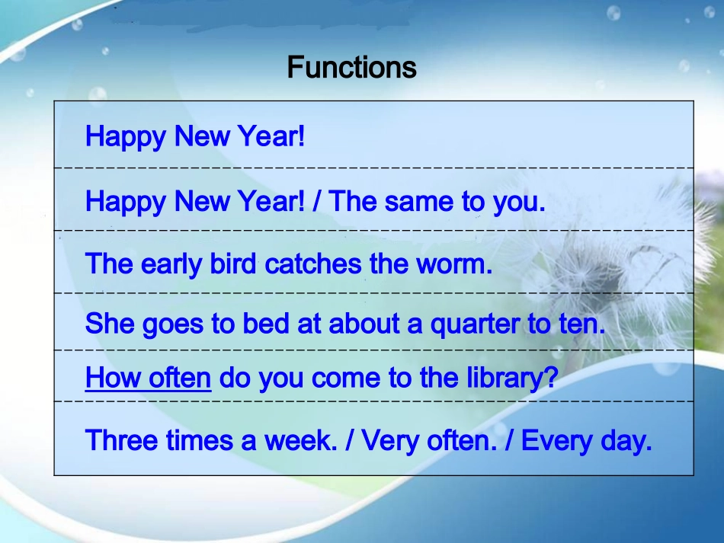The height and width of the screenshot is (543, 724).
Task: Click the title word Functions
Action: click(x=351, y=67)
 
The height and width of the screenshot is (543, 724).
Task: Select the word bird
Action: click(x=232, y=264)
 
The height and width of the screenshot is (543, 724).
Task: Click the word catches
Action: click(x=313, y=264)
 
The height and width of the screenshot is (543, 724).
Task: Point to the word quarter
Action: click(x=475, y=324)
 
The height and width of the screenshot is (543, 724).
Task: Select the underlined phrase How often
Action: click(x=148, y=378)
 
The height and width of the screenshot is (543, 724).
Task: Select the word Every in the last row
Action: click(x=557, y=441)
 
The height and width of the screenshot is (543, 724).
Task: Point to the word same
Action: click(x=419, y=202)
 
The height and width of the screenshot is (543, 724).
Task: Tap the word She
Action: click(x=110, y=323)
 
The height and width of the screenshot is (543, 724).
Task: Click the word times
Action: click(x=200, y=440)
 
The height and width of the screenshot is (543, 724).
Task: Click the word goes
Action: click(x=173, y=324)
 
